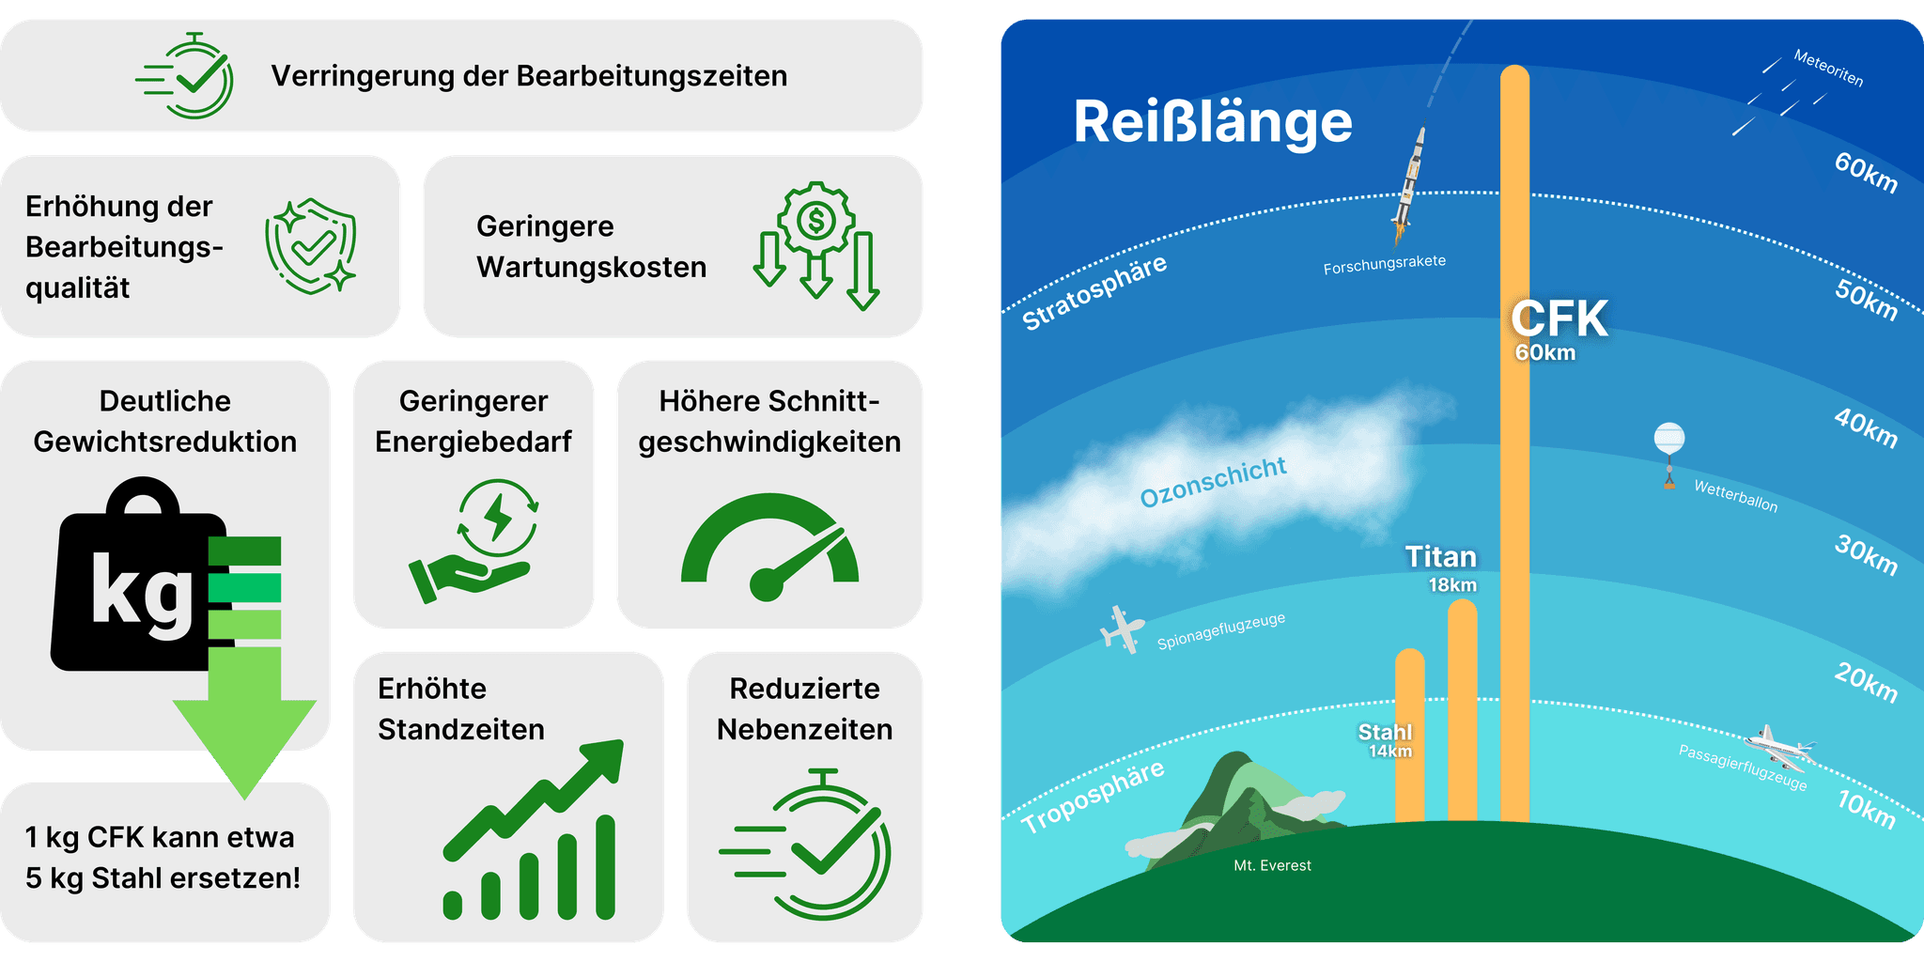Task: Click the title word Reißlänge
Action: [x=1212, y=122]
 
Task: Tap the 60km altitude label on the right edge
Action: [x=1866, y=172]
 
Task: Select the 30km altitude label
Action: [x=1866, y=555]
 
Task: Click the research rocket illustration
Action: [x=1408, y=183]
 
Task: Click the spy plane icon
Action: [x=1122, y=629]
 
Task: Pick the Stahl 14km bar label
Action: [x=1386, y=739]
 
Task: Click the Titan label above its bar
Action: [x=1440, y=557]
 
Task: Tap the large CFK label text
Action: [x=1559, y=319]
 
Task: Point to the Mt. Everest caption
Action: [x=1272, y=865]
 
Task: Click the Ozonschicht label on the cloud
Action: [x=1212, y=481]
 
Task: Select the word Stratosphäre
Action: [x=1094, y=292]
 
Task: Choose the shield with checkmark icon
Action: [x=311, y=245]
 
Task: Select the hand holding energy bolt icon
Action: [x=474, y=541]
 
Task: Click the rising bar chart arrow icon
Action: [x=532, y=830]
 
